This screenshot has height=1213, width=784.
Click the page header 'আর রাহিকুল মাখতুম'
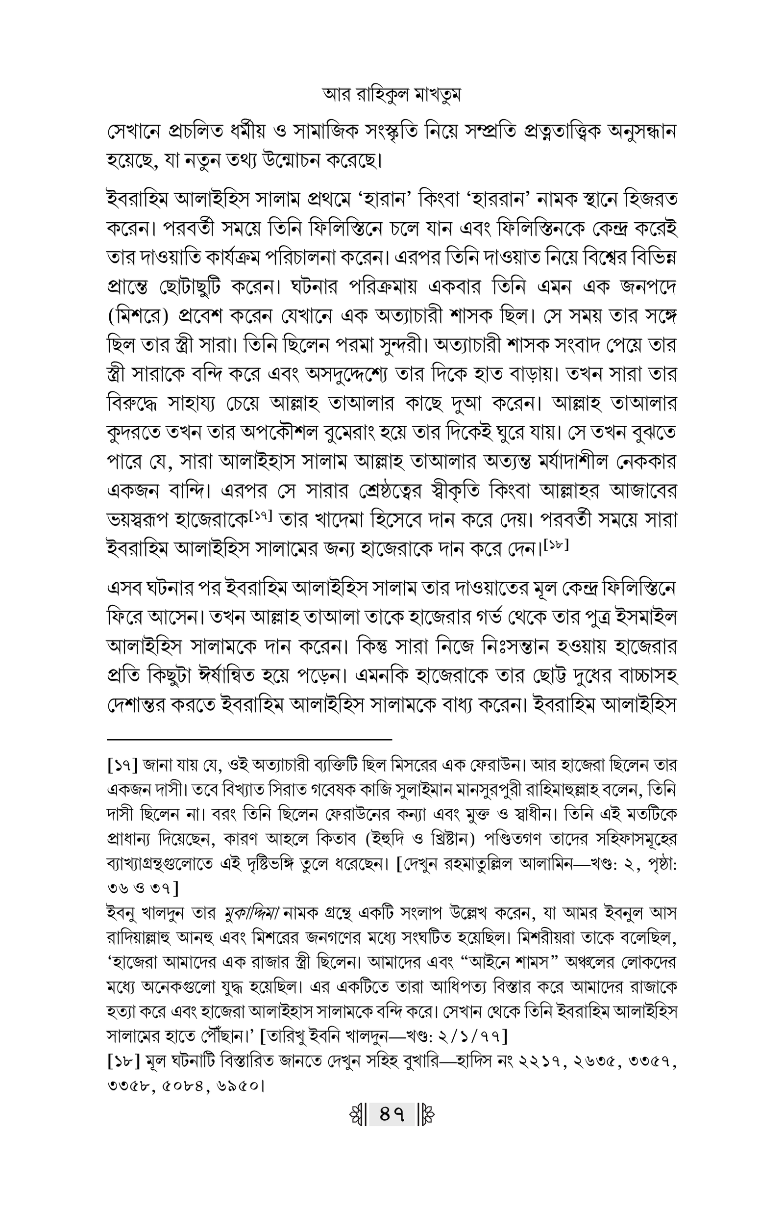point(392,95)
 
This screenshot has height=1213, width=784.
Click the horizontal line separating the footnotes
point(249,738)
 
